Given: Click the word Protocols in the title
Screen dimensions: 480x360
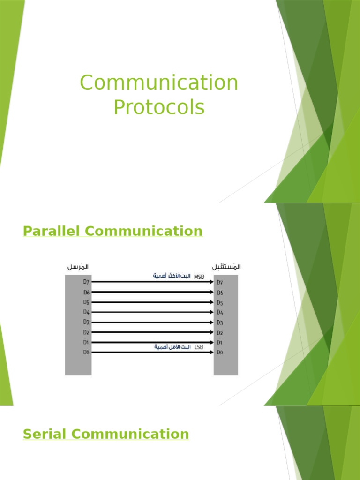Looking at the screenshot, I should (159, 107).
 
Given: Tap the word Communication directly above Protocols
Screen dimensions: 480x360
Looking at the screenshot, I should (159, 83).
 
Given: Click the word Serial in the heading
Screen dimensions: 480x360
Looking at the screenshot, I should (42, 434).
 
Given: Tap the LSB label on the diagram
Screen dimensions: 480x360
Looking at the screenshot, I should (199, 347).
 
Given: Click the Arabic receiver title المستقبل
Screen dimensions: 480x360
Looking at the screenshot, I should (226, 267).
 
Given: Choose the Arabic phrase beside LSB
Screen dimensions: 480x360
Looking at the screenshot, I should (173, 347).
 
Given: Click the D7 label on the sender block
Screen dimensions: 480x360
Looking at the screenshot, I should (86, 282).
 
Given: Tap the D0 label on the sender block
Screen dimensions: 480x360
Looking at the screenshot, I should (86, 352).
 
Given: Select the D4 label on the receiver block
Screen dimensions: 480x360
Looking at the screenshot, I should (220, 312).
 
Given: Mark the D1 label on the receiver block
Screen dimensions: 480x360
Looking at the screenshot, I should (220, 342).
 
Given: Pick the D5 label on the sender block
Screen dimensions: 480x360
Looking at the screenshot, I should (86, 302).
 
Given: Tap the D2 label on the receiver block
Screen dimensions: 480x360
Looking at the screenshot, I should (220, 332).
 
